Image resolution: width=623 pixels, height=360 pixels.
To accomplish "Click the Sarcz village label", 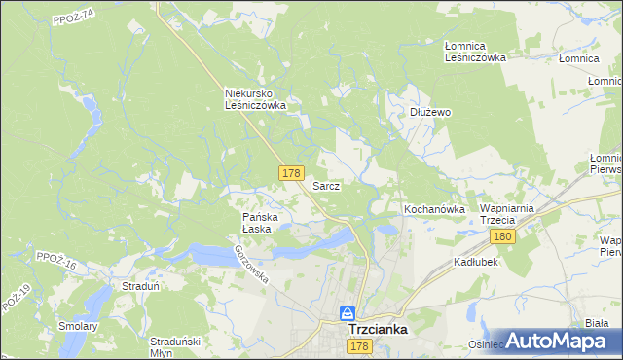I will (325, 186).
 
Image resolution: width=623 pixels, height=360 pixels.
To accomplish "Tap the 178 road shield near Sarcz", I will (290, 173).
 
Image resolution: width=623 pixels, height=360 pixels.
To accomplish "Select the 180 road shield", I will (502, 237).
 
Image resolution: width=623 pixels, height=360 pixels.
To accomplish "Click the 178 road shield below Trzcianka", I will (359, 347).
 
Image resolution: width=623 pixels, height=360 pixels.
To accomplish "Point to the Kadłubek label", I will (476, 263).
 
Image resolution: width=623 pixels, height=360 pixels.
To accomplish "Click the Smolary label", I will (78, 326).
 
